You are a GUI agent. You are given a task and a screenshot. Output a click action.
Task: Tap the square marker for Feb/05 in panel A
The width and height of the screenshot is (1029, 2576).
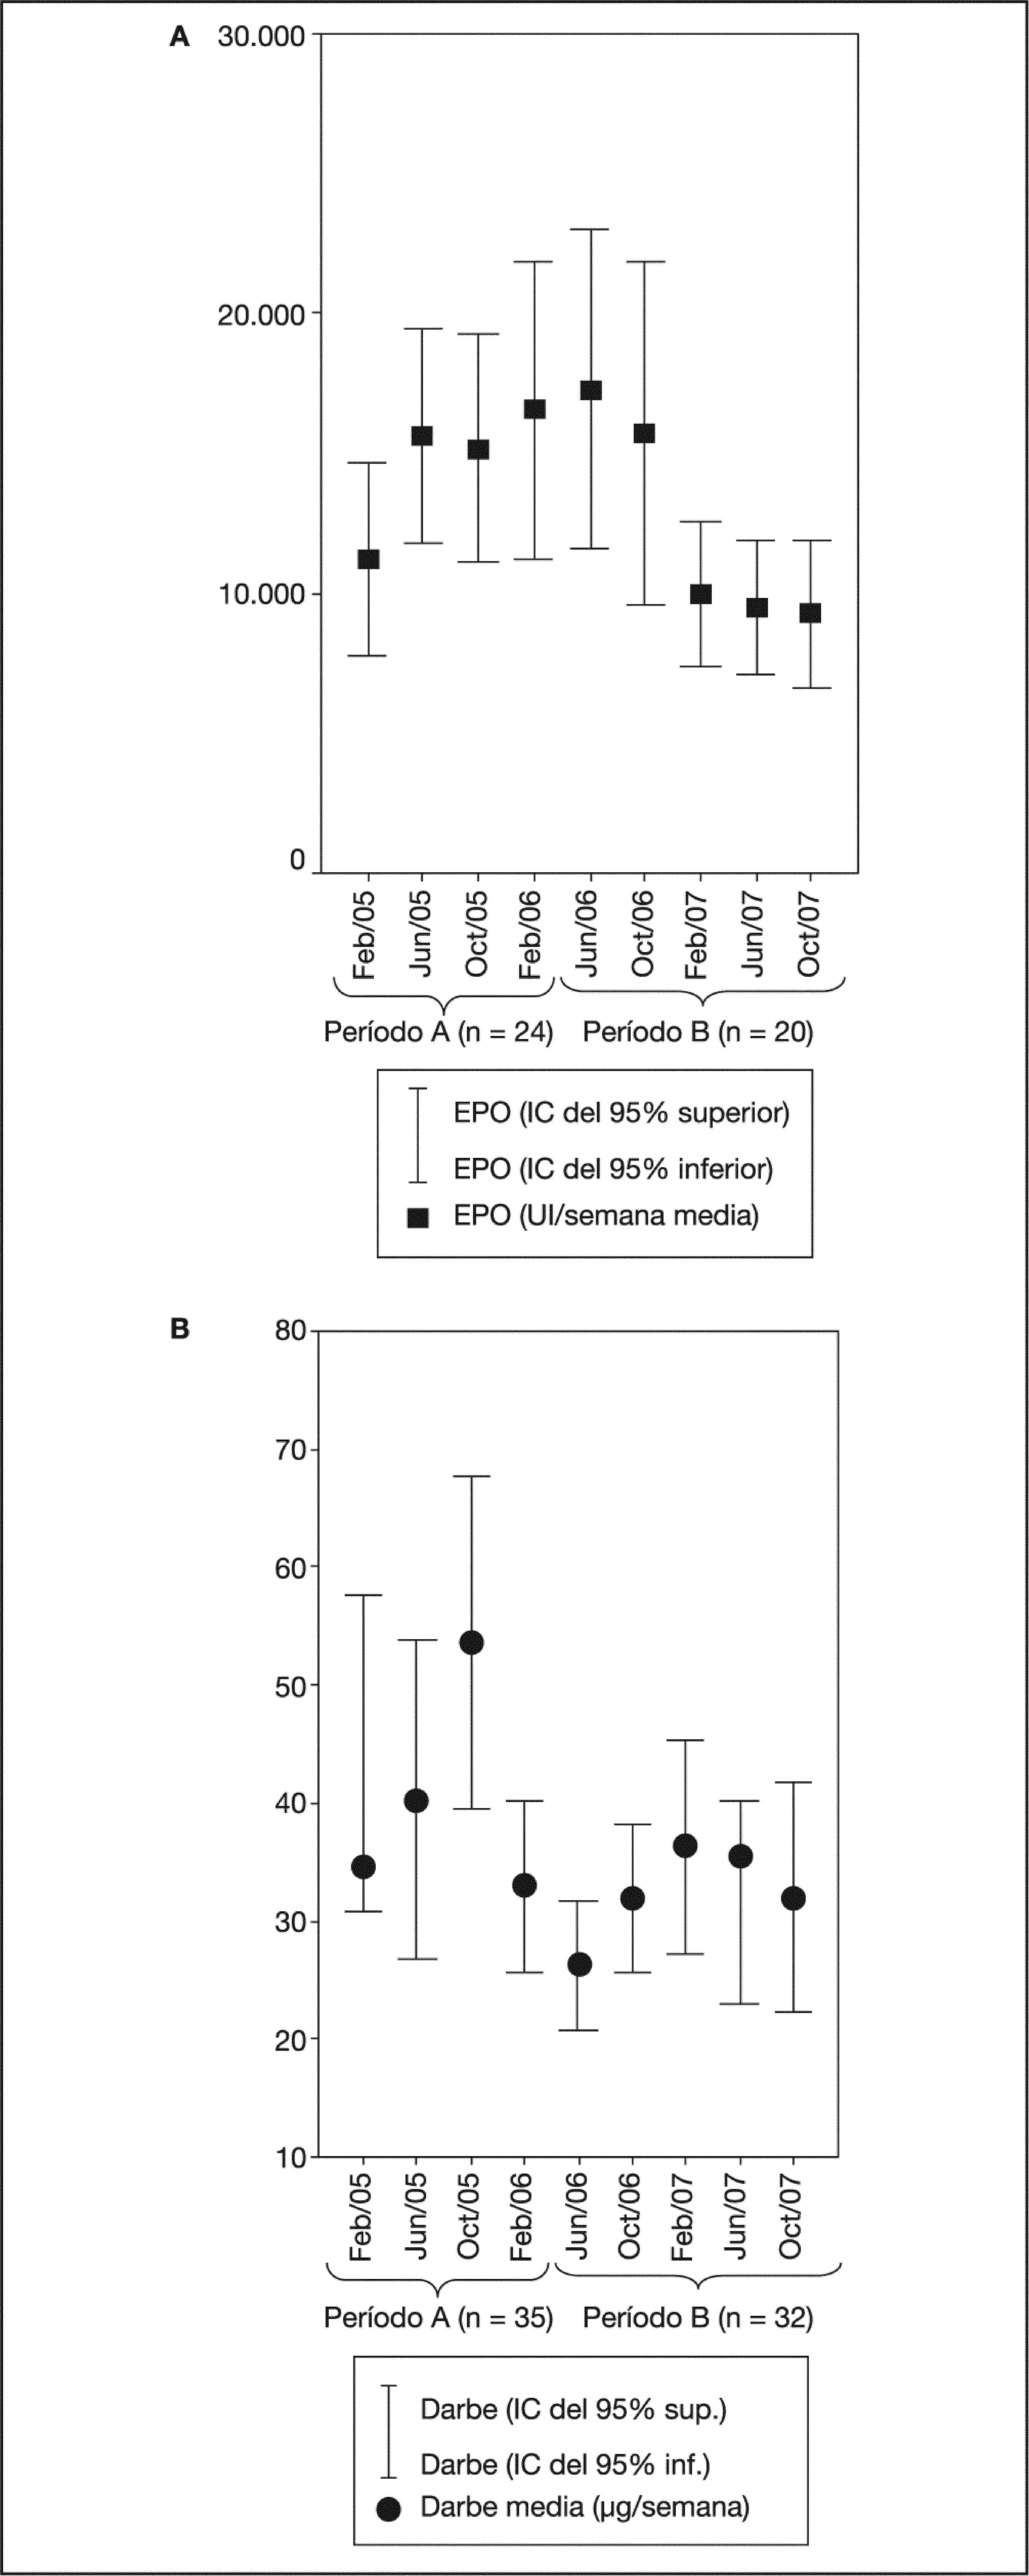368,559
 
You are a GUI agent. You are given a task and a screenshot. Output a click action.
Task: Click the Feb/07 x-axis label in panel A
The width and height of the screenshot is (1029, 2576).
697,935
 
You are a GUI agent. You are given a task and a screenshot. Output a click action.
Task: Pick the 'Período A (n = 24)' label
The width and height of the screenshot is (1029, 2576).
438,1032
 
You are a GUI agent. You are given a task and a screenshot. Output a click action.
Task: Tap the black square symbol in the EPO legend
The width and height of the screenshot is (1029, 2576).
418,1217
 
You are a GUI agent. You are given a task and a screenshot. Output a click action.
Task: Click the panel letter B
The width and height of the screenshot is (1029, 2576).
180,1329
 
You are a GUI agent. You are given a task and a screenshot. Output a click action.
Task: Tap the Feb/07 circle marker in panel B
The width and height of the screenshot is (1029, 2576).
685,1846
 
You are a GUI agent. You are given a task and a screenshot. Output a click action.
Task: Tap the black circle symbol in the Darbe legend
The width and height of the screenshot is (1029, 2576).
389,2508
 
